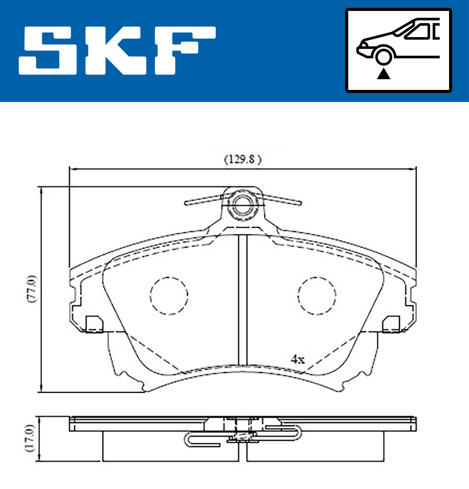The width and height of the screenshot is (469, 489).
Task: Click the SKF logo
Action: pos(117,50)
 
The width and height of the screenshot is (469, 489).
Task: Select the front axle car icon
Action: pos(398,50)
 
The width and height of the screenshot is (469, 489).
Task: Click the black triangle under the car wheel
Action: pos(383,73)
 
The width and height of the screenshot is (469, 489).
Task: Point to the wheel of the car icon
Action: pos(383,55)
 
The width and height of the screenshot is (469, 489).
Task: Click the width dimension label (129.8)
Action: pos(242,159)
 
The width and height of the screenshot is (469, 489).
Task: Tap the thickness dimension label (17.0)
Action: pos(31,439)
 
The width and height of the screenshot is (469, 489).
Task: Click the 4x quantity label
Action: pos(297,359)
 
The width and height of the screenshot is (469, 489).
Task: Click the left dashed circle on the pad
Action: pos(169,296)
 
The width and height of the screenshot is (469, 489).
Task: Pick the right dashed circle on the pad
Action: pos(317,296)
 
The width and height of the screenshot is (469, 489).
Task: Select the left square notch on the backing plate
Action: pos(94,324)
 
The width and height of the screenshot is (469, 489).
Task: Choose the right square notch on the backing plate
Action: pos(391,324)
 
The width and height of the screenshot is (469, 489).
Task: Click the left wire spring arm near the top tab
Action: pos(203,200)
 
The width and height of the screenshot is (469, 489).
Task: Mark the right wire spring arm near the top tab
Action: pos(282,199)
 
